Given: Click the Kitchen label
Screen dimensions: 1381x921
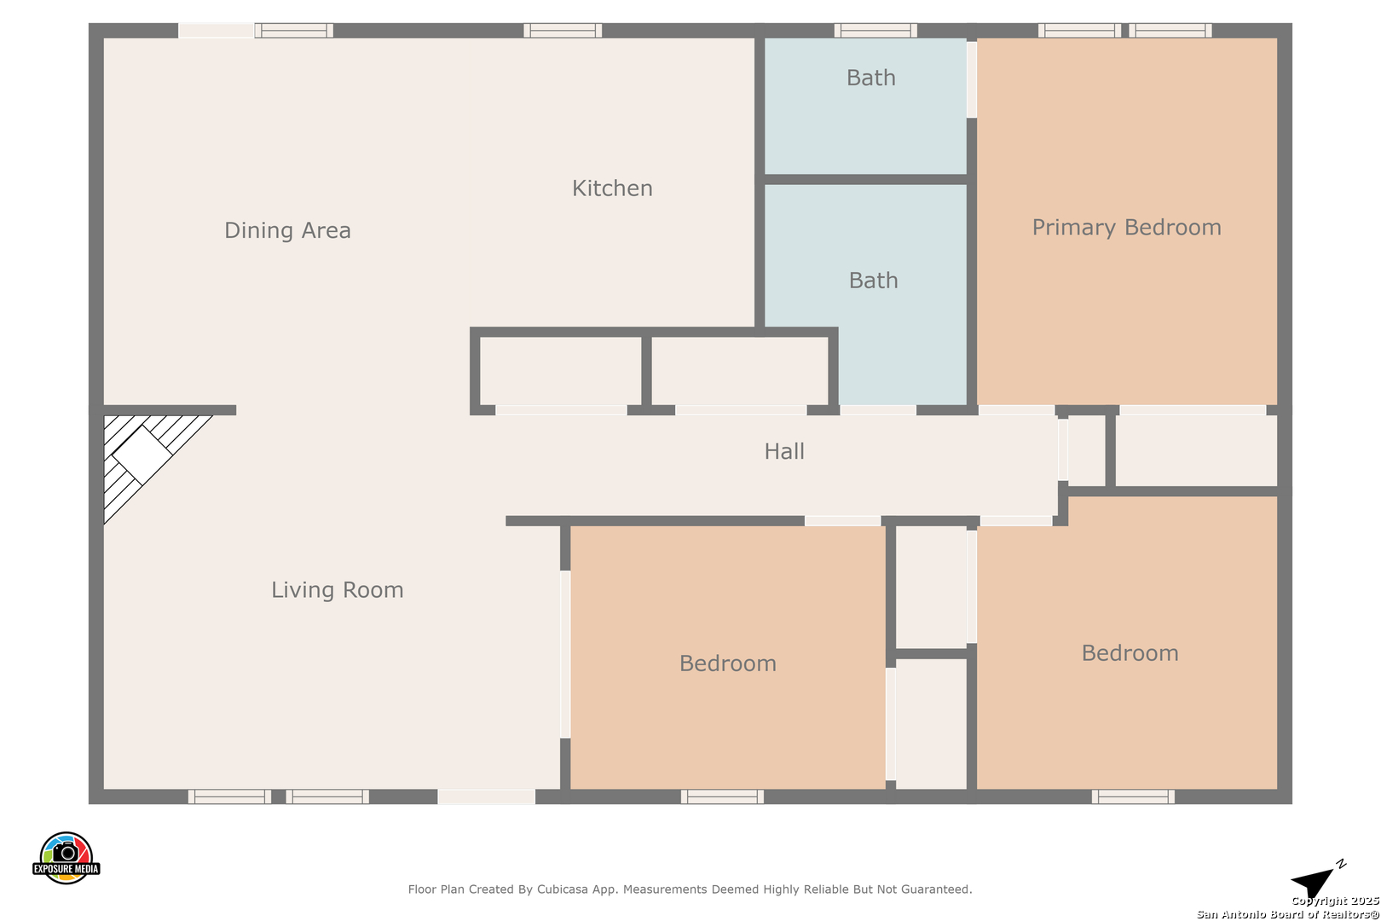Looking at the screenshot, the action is [x=612, y=188].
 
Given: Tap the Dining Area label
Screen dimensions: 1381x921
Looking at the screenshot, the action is [x=287, y=231].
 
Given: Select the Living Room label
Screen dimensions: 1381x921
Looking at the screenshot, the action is [x=338, y=590].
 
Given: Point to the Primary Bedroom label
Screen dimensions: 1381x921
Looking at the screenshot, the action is [x=1126, y=228].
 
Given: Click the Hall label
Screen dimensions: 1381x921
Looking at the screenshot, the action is [x=784, y=452].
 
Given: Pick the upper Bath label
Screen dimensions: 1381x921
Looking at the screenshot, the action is [x=870, y=78].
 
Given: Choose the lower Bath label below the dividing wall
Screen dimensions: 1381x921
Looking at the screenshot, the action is [x=873, y=281].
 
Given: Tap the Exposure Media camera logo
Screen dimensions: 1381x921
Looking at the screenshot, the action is [x=66, y=857].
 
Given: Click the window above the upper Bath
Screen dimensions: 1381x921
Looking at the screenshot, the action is [x=875, y=30].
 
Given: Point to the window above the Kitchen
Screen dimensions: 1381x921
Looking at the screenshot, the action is [x=563, y=30].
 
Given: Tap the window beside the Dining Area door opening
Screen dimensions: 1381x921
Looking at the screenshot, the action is [x=294, y=30].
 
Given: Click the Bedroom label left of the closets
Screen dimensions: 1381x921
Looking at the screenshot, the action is [x=727, y=663].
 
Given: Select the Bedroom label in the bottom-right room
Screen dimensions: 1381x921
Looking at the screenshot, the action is [x=1130, y=653].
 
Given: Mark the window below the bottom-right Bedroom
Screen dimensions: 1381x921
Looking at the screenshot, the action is [x=1133, y=796].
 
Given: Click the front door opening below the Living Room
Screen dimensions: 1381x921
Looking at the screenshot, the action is [x=487, y=796].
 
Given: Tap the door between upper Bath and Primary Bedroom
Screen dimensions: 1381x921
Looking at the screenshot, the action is [x=972, y=79].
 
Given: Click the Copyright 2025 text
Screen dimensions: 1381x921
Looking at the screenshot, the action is [x=1335, y=901].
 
